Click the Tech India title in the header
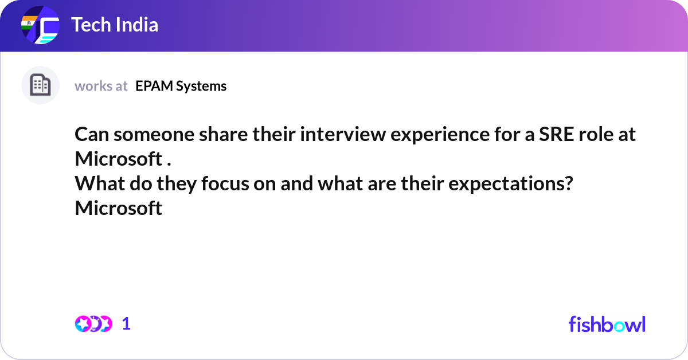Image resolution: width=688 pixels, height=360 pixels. coord(115,25)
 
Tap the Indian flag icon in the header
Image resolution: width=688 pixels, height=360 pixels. coord(28,25)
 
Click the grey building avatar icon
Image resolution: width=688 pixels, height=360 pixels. coord(40,85)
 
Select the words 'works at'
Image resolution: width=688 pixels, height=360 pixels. coord(101,86)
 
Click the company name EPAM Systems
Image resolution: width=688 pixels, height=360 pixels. coord(181,86)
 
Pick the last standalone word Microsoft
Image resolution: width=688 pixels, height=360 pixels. coord(119,208)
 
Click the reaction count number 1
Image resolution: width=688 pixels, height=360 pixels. coord(126,324)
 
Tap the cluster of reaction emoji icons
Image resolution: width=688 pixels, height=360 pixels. coord(93,324)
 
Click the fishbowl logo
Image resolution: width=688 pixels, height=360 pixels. coord(607,324)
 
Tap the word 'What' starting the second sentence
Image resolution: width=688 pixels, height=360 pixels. coord(95,185)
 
